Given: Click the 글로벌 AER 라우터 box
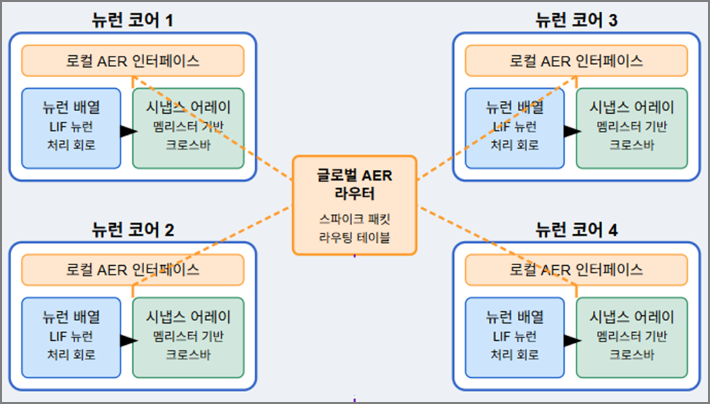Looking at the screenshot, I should [355, 205].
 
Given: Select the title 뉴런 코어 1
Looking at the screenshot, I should [132, 20].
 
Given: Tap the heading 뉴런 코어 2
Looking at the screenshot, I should [132, 230].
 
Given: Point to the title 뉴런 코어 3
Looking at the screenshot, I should [576, 20].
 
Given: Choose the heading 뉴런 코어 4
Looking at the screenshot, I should [576, 230].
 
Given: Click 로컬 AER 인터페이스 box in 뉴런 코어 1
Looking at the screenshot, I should [132, 61].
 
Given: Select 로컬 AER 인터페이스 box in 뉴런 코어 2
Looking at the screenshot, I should [132, 270].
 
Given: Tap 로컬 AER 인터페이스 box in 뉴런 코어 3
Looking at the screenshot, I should [576, 61].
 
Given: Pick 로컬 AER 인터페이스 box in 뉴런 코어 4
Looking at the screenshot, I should [576, 270].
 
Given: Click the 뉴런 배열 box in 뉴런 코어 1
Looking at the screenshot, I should [71, 128].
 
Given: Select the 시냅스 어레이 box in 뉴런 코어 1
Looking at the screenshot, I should [188, 128].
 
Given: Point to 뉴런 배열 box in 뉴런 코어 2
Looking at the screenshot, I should [71, 338].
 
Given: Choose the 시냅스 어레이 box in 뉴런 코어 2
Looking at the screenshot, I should [188, 338].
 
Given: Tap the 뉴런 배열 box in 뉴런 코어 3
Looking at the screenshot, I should [515, 128].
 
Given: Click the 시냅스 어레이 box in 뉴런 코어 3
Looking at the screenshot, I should [632, 128].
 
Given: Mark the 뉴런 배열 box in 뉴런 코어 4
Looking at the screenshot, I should [515, 338].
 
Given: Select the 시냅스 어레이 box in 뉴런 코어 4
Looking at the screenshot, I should [632, 338].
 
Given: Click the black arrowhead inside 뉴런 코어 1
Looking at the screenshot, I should [128, 132].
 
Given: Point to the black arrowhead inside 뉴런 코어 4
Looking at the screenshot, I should [572, 340].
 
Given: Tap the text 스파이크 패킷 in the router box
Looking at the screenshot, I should [355, 219].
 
